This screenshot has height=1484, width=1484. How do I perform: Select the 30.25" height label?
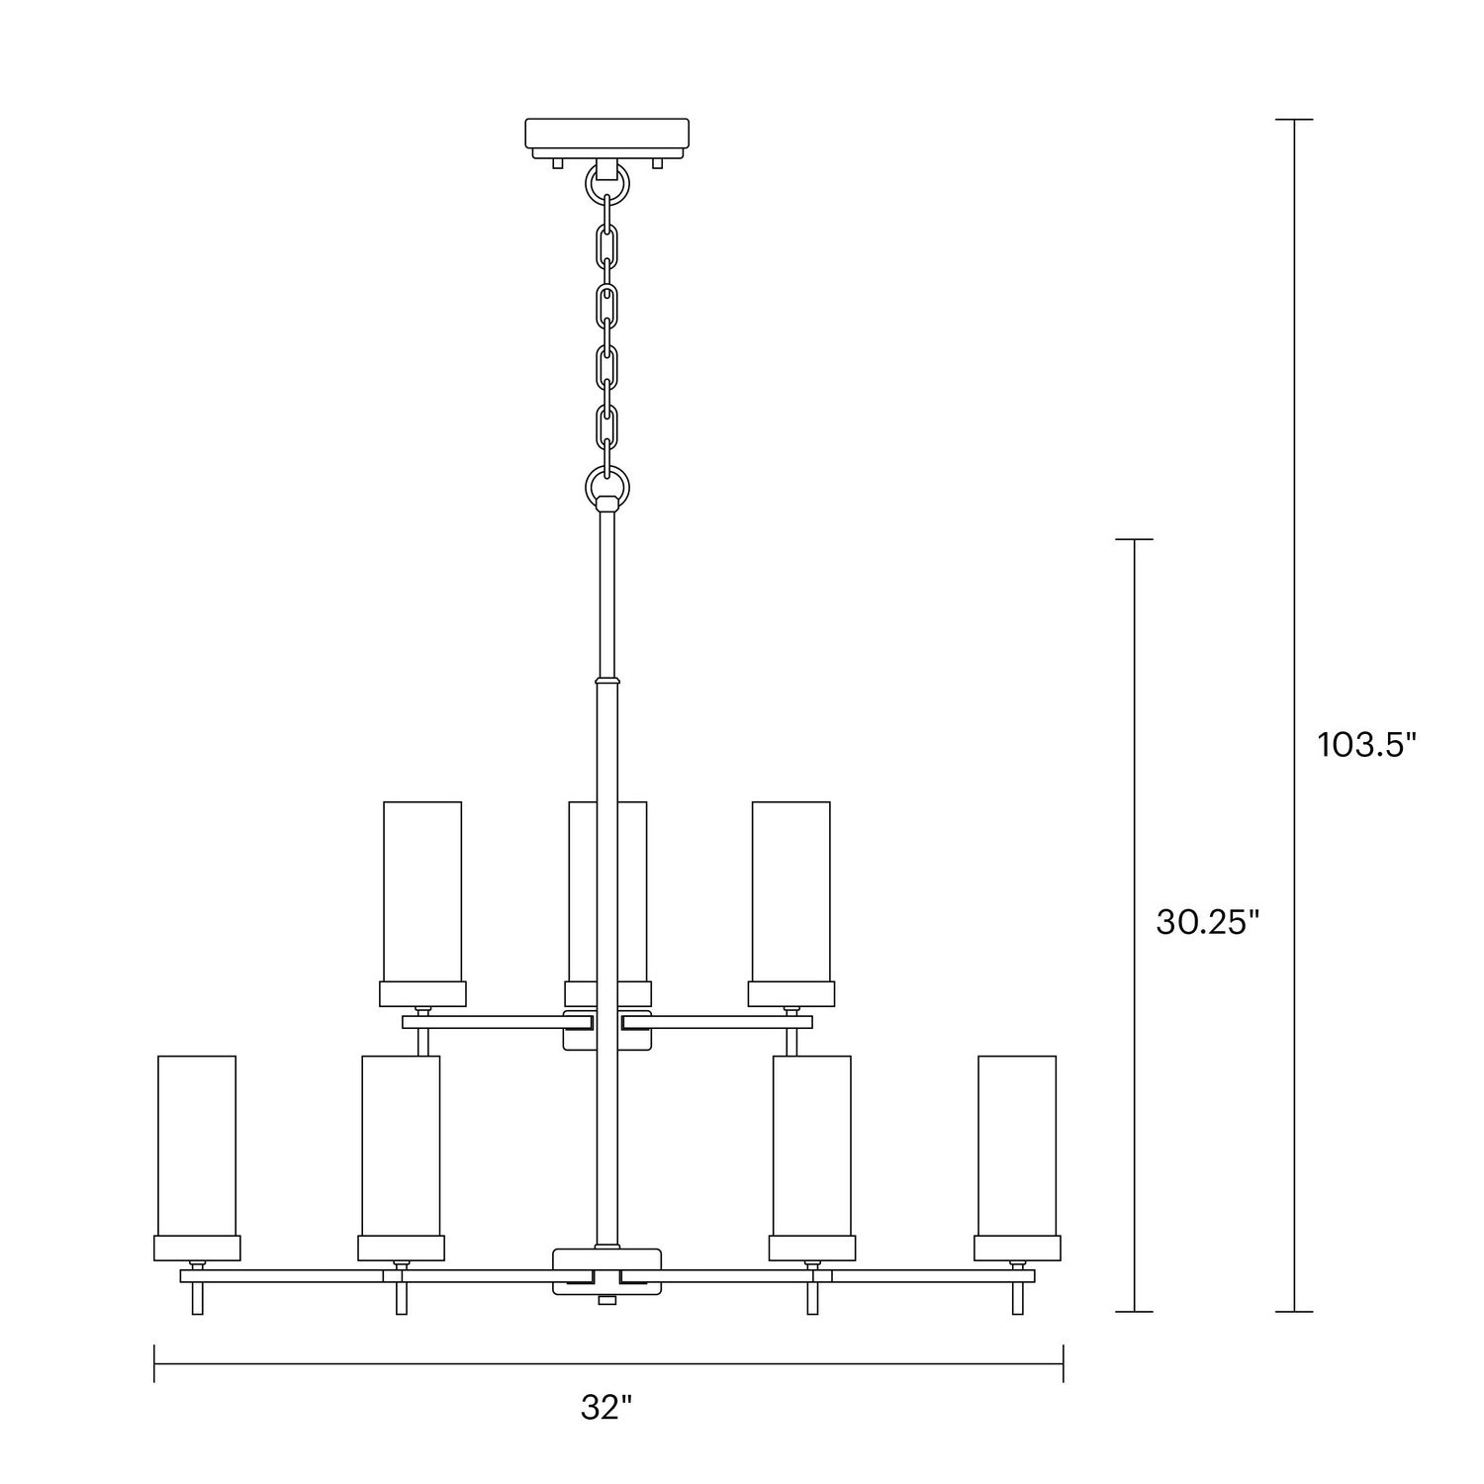1207,922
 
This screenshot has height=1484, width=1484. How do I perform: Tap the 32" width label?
606,1408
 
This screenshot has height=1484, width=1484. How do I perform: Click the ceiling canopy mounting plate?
606,137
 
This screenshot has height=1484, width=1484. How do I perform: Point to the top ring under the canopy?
607,183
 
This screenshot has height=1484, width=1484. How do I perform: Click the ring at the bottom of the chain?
607,486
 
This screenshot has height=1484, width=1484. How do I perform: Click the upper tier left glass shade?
422,890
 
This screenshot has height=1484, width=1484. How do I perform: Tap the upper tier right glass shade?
791,890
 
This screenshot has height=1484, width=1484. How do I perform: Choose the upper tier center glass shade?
607,890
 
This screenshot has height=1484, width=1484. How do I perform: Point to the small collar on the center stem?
607,681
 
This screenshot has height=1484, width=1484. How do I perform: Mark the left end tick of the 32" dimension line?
154,1363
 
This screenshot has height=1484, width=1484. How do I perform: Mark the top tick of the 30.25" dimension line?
1134,540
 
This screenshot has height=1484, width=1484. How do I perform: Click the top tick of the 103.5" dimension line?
1294,120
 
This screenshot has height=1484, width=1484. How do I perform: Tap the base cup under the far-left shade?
197,1248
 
